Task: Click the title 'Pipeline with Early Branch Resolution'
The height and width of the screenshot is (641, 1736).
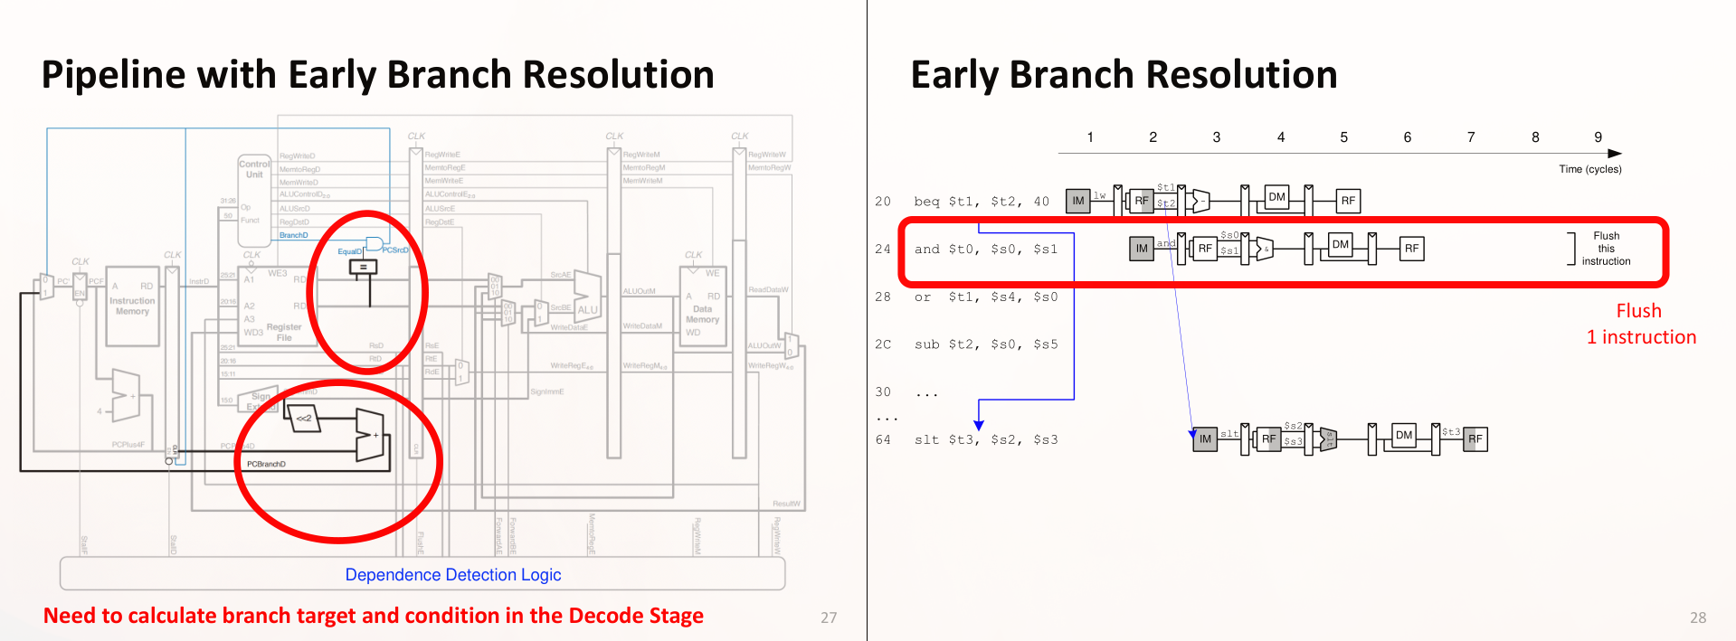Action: tap(377, 75)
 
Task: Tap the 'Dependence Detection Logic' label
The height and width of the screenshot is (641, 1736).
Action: tap(452, 575)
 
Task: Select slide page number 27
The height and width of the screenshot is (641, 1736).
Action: tap(828, 617)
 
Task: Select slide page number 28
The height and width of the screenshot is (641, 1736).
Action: tap(1697, 617)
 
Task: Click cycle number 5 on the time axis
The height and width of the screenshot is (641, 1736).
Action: tap(1343, 137)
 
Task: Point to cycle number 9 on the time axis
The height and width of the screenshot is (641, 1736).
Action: tap(1598, 137)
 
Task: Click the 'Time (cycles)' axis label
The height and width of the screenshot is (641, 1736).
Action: tap(1589, 169)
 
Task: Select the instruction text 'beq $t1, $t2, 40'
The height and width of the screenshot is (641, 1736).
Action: tap(982, 202)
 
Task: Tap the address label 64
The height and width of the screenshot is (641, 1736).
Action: tap(883, 440)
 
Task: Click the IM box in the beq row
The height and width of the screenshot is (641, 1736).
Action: tap(1077, 201)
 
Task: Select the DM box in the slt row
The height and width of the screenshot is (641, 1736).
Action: tap(1403, 436)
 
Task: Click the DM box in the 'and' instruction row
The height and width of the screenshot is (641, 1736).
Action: tap(1340, 245)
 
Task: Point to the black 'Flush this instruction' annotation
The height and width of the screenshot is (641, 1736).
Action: tap(1606, 249)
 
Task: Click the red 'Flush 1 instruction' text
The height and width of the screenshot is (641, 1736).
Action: tap(1640, 324)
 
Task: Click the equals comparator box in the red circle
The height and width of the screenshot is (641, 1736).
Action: tap(363, 267)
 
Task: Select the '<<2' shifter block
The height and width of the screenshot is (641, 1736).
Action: tap(304, 418)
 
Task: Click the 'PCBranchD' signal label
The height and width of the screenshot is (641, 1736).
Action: tap(266, 464)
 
